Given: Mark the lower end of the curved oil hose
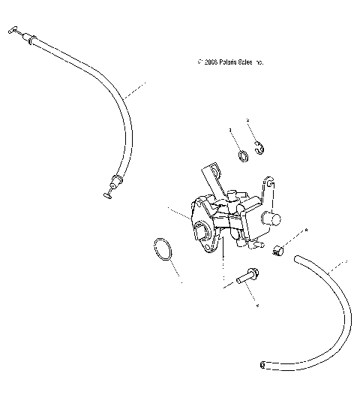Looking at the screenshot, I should [x=265, y=365].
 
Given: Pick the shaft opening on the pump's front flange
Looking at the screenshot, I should [x=202, y=234].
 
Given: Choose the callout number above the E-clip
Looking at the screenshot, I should [x=248, y=120].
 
